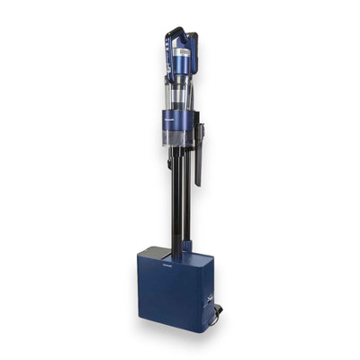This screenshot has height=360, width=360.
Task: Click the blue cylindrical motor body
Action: point(182,60)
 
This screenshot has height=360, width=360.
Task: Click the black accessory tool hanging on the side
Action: point(198,157)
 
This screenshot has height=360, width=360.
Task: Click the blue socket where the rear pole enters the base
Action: point(187,245)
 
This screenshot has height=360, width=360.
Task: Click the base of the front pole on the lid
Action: point(176,254)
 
